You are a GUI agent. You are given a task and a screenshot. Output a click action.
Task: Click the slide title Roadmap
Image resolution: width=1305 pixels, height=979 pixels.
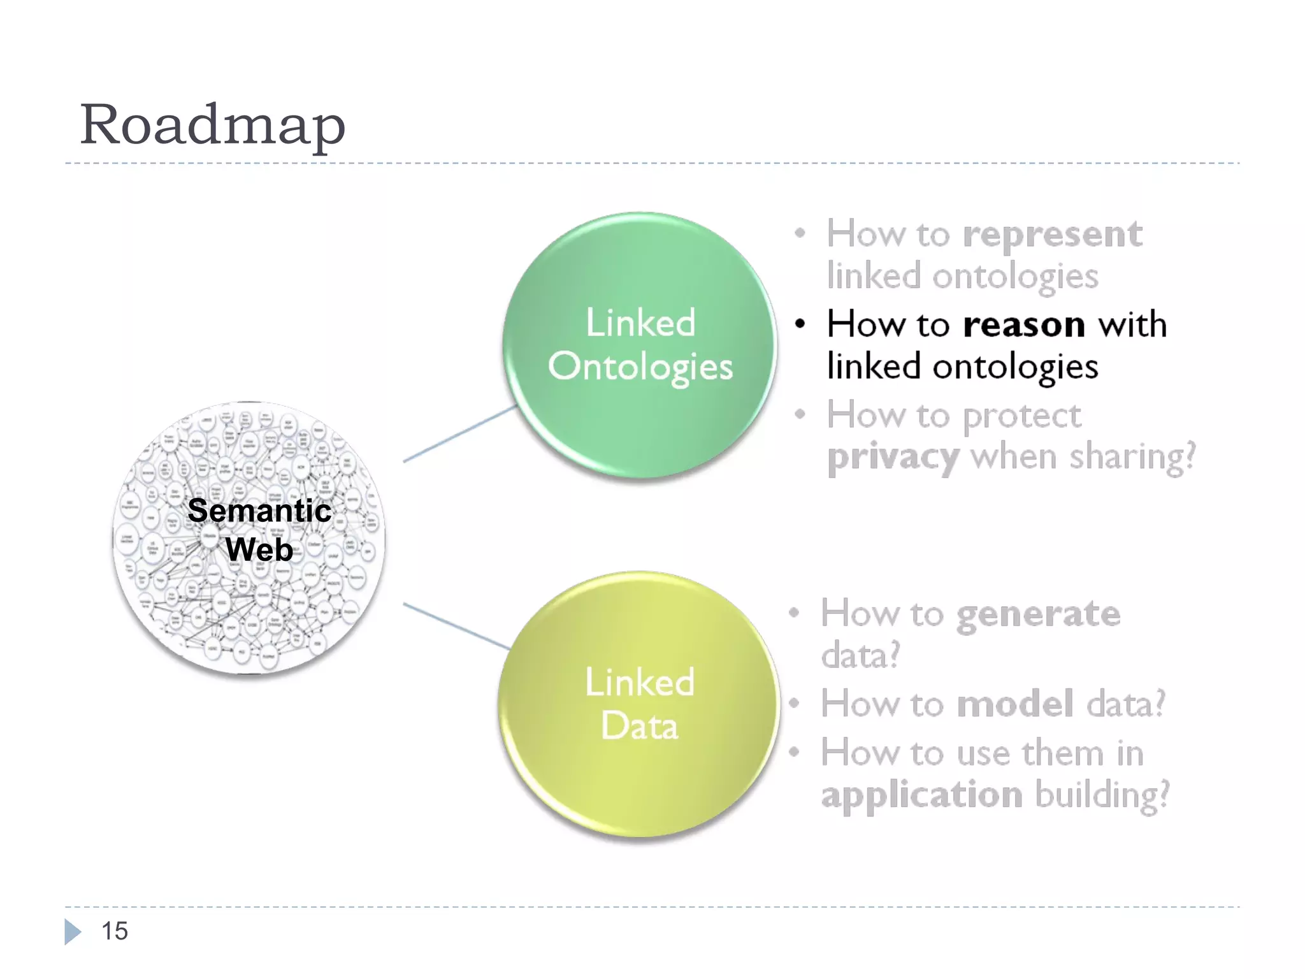[x=212, y=125]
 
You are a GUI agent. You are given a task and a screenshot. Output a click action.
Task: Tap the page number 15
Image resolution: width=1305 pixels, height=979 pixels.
[x=115, y=931]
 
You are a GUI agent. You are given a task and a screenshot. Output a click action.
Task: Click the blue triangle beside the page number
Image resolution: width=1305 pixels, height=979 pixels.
[x=72, y=932]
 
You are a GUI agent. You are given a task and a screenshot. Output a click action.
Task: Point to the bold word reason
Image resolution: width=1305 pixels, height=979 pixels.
[x=1024, y=325]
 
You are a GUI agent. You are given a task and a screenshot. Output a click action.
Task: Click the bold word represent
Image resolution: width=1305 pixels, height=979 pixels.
[x=1052, y=235]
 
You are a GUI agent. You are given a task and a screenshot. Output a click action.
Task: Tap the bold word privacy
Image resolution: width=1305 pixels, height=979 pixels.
[x=892, y=458]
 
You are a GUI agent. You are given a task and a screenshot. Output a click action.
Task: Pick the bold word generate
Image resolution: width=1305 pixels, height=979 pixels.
[x=1038, y=614]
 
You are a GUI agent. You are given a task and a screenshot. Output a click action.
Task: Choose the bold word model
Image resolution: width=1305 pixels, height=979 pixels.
[x=1016, y=704]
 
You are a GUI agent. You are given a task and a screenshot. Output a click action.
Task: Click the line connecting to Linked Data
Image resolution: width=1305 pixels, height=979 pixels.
[x=456, y=626]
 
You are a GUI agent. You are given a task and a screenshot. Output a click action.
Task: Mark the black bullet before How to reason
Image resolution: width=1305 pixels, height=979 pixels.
[x=800, y=324]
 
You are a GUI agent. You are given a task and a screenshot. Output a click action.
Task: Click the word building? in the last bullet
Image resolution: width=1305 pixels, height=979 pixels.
[x=1102, y=795]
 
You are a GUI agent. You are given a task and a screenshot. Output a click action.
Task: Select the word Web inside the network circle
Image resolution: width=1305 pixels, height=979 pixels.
[x=259, y=549]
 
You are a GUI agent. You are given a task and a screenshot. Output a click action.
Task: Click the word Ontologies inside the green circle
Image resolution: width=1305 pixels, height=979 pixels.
[x=640, y=367]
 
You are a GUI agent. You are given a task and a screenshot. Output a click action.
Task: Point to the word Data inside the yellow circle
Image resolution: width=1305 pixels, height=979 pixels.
[x=639, y=726]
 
